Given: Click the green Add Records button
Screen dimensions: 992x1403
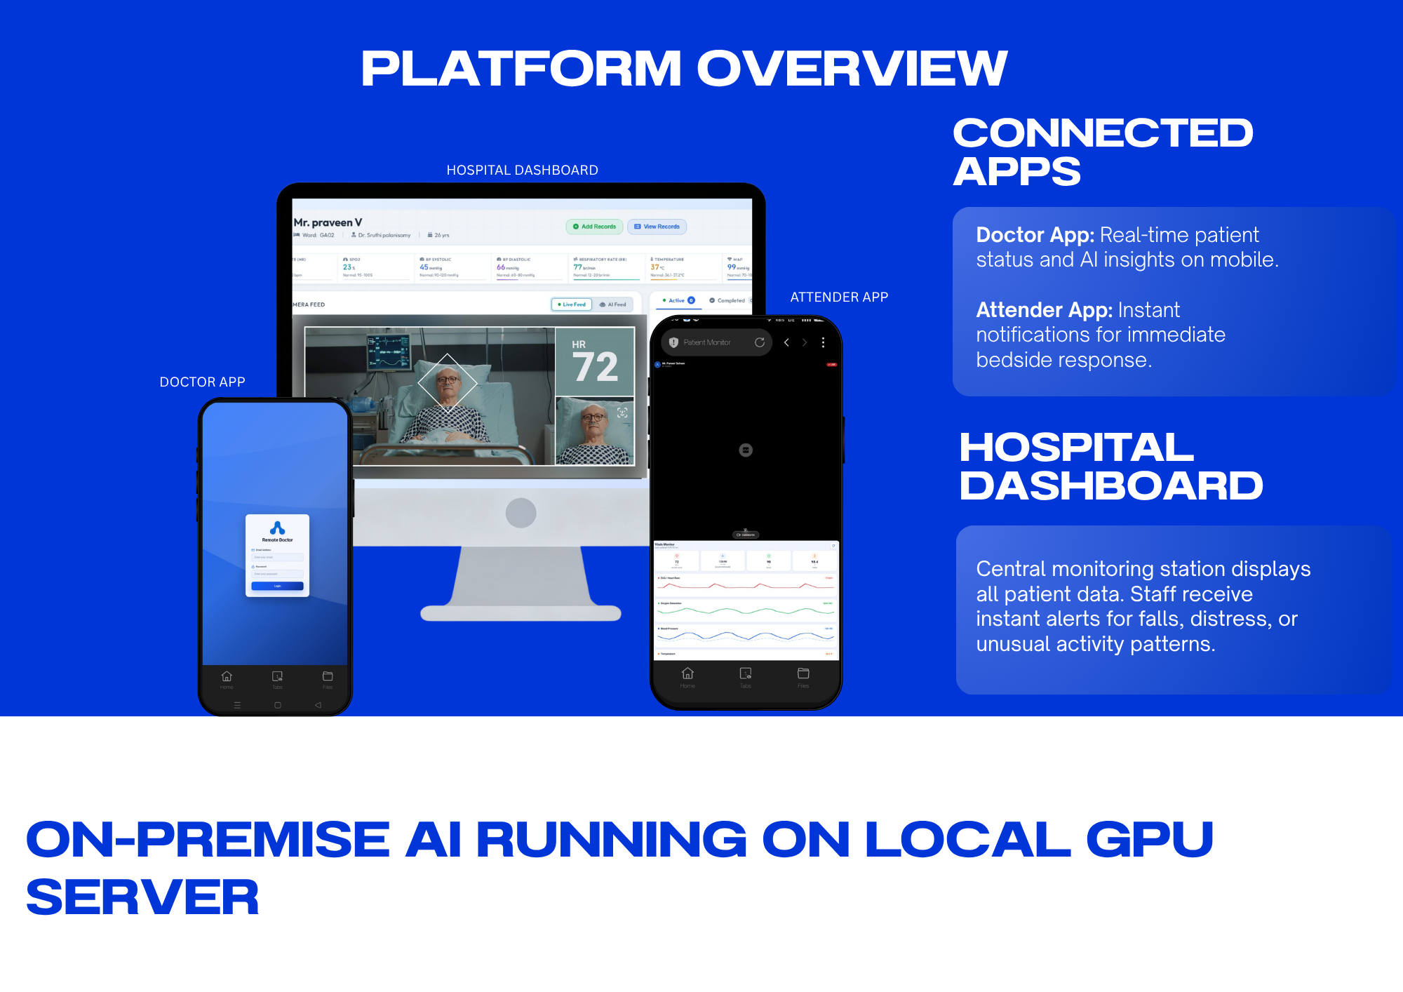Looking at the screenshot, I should tap(594, 227).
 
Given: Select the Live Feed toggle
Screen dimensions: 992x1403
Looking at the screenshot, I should tap(572, 304).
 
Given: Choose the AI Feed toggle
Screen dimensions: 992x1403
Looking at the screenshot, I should tap(613, 304).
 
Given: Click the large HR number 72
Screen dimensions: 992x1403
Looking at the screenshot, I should tap(595, 367).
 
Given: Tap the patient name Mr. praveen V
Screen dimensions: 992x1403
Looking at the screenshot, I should tap(328, 222).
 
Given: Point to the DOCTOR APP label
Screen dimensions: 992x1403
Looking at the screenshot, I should tap(202, 382).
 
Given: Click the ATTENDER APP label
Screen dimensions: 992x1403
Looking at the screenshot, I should tap(839, 297).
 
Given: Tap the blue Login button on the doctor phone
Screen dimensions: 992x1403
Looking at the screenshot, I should tap(277, 586).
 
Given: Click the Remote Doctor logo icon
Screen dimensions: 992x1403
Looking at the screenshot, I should tap(277, 528).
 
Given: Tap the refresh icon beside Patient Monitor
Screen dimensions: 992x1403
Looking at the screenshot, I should tap(759, 342).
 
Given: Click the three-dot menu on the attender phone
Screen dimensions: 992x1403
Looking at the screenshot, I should tap(823, 342).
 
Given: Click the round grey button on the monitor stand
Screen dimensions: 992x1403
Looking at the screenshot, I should tap(521, 513).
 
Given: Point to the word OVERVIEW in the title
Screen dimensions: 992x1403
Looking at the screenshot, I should tap(852, 69).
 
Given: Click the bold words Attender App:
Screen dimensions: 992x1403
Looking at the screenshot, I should tap(1044, 310).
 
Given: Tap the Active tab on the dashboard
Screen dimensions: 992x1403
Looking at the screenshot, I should tap(678, 300).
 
